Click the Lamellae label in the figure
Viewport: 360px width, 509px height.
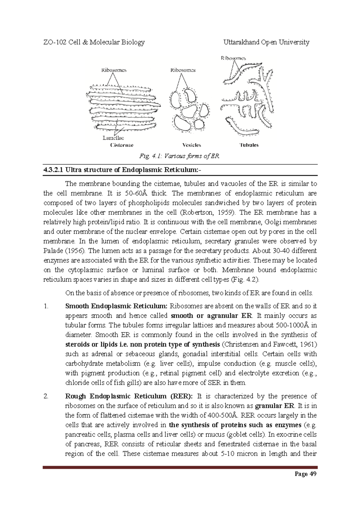click(113, 138)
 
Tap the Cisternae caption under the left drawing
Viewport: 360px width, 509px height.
click(122, 145)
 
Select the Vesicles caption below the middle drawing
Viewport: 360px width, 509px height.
click(192, 145)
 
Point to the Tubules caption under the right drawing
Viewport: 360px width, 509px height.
click(249, 145)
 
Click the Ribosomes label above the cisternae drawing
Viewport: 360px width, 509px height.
click(114, 70)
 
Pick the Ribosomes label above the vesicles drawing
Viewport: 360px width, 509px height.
click(183, 70)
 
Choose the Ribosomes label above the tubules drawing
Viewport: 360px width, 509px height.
click(233, 58)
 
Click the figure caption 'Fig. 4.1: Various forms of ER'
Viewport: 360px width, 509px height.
click(179, 156)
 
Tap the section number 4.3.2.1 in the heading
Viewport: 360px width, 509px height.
click(53, 170)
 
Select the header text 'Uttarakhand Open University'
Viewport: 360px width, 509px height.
click(266, 42)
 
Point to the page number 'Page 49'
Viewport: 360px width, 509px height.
click(305, 474)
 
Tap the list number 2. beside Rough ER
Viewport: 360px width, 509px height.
click(46, 396)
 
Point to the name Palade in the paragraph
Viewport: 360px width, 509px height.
click(53, 251)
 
